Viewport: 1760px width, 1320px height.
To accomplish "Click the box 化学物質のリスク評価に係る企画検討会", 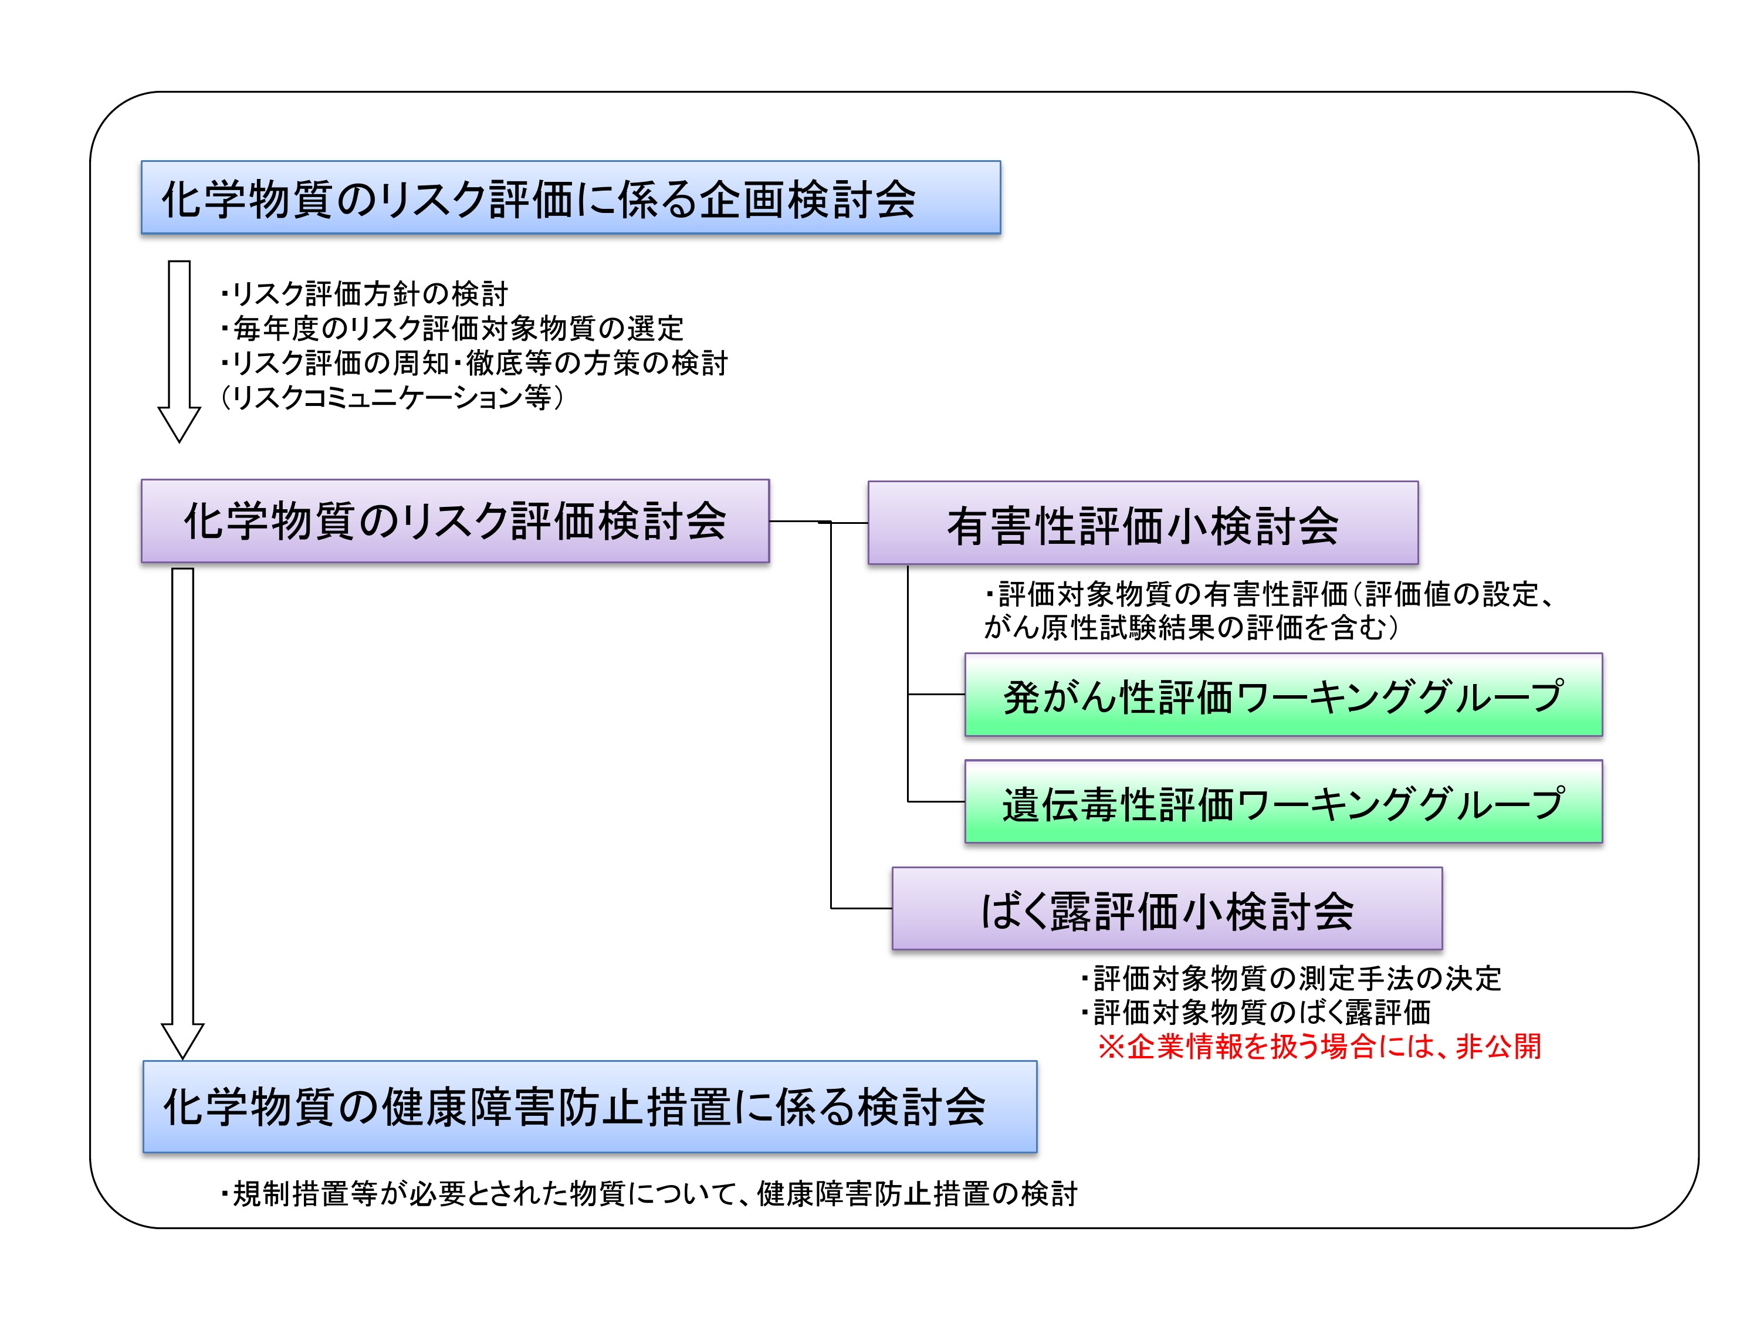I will point(570,197).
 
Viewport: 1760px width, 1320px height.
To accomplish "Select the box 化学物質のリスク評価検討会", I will point(455,521).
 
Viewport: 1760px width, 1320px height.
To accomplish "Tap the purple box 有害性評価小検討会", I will point(1143,523).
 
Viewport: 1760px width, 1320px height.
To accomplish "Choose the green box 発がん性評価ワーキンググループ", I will point(1282,695).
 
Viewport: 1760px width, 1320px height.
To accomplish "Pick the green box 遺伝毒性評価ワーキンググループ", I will point(1282,801).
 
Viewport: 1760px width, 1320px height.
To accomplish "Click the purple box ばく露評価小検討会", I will point(1166,909).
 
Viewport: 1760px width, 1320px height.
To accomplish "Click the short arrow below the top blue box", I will point(179,350).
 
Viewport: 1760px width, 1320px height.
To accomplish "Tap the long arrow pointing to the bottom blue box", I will point(182,811).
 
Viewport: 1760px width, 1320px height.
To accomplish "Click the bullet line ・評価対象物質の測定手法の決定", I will point(1291,978).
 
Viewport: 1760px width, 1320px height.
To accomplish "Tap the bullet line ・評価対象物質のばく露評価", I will point(1255,1012).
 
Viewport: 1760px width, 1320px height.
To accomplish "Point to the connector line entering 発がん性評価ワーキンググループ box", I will point(936,695).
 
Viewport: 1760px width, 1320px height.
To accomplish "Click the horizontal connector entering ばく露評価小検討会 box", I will point(861,908).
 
